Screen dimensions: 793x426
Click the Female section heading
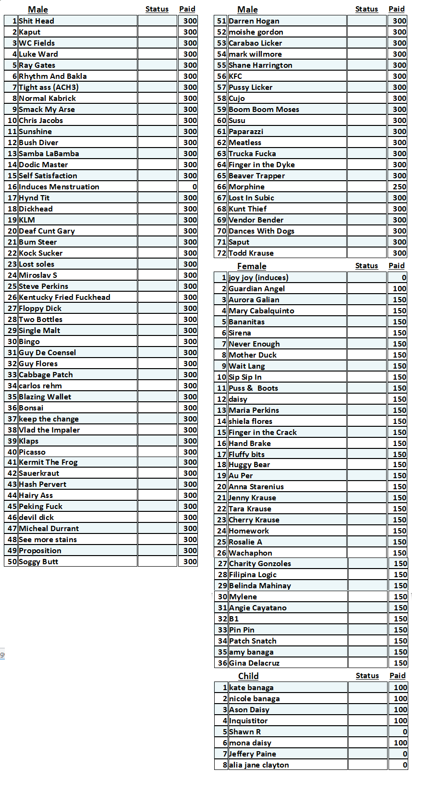251,266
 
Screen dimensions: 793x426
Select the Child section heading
248,676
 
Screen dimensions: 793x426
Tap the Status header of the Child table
367,676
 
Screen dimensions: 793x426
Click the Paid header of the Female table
396,266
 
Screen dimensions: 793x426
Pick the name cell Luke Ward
38,54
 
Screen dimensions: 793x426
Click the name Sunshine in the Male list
36,132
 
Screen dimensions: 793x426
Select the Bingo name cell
29,342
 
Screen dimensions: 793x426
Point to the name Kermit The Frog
48,462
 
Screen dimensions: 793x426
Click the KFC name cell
235,76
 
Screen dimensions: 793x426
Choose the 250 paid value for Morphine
399,187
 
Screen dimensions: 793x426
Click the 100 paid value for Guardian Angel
399,289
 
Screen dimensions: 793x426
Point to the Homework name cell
249,531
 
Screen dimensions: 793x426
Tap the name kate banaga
251,688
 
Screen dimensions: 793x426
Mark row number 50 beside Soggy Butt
12,562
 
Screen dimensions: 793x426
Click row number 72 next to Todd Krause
221,253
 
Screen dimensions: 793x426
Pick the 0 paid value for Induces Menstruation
194,187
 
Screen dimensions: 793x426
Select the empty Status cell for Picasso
157,452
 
